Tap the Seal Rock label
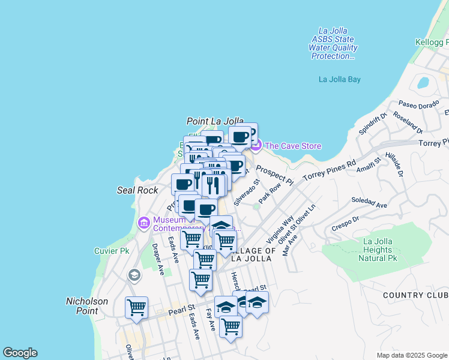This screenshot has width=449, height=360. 137,190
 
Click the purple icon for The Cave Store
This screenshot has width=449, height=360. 256,145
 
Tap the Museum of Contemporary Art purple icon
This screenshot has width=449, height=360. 143,223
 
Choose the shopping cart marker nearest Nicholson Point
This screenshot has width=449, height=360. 136,308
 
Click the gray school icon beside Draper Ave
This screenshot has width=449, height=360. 133,275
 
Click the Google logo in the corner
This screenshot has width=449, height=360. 20,353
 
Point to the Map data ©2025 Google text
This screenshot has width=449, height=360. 412,355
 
